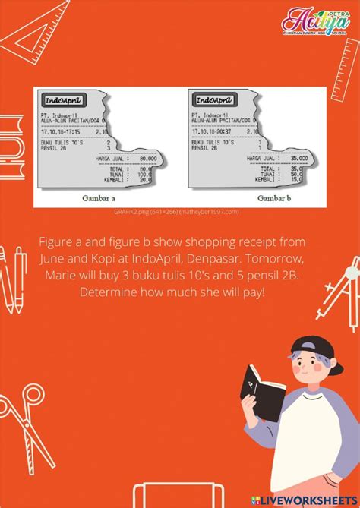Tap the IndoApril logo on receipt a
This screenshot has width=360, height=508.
point(64,100)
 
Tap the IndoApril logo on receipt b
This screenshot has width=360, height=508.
point(215,99)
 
